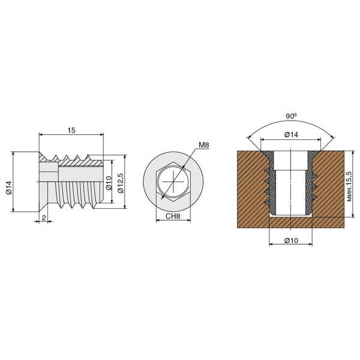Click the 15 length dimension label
pos(71,130)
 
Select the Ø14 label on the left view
pos(9,188)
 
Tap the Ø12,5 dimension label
pos(121,183)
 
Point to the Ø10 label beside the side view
pos(109,183)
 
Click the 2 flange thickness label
pos(44,218)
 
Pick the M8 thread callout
pos(204,145)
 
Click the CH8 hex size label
pos(173,216)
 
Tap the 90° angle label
pos(291,116)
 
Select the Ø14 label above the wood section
pos(291,134)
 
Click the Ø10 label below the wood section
pos(291,241)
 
